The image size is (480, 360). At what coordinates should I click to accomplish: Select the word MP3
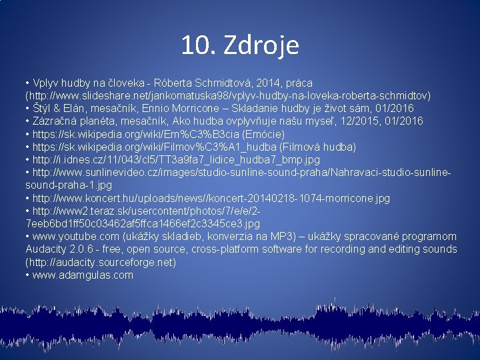point(272,237)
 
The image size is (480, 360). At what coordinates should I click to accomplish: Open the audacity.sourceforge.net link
point(100,262)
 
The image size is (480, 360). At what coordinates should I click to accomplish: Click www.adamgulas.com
point(82,275)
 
